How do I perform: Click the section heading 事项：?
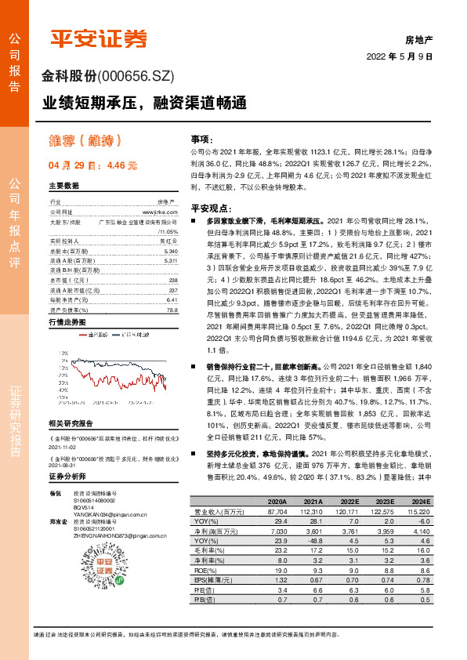click(202, 137)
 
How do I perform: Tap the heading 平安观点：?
click(208, 209)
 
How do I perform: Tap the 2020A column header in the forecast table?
click(277, 501)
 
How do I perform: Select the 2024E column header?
click(422, 501)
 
